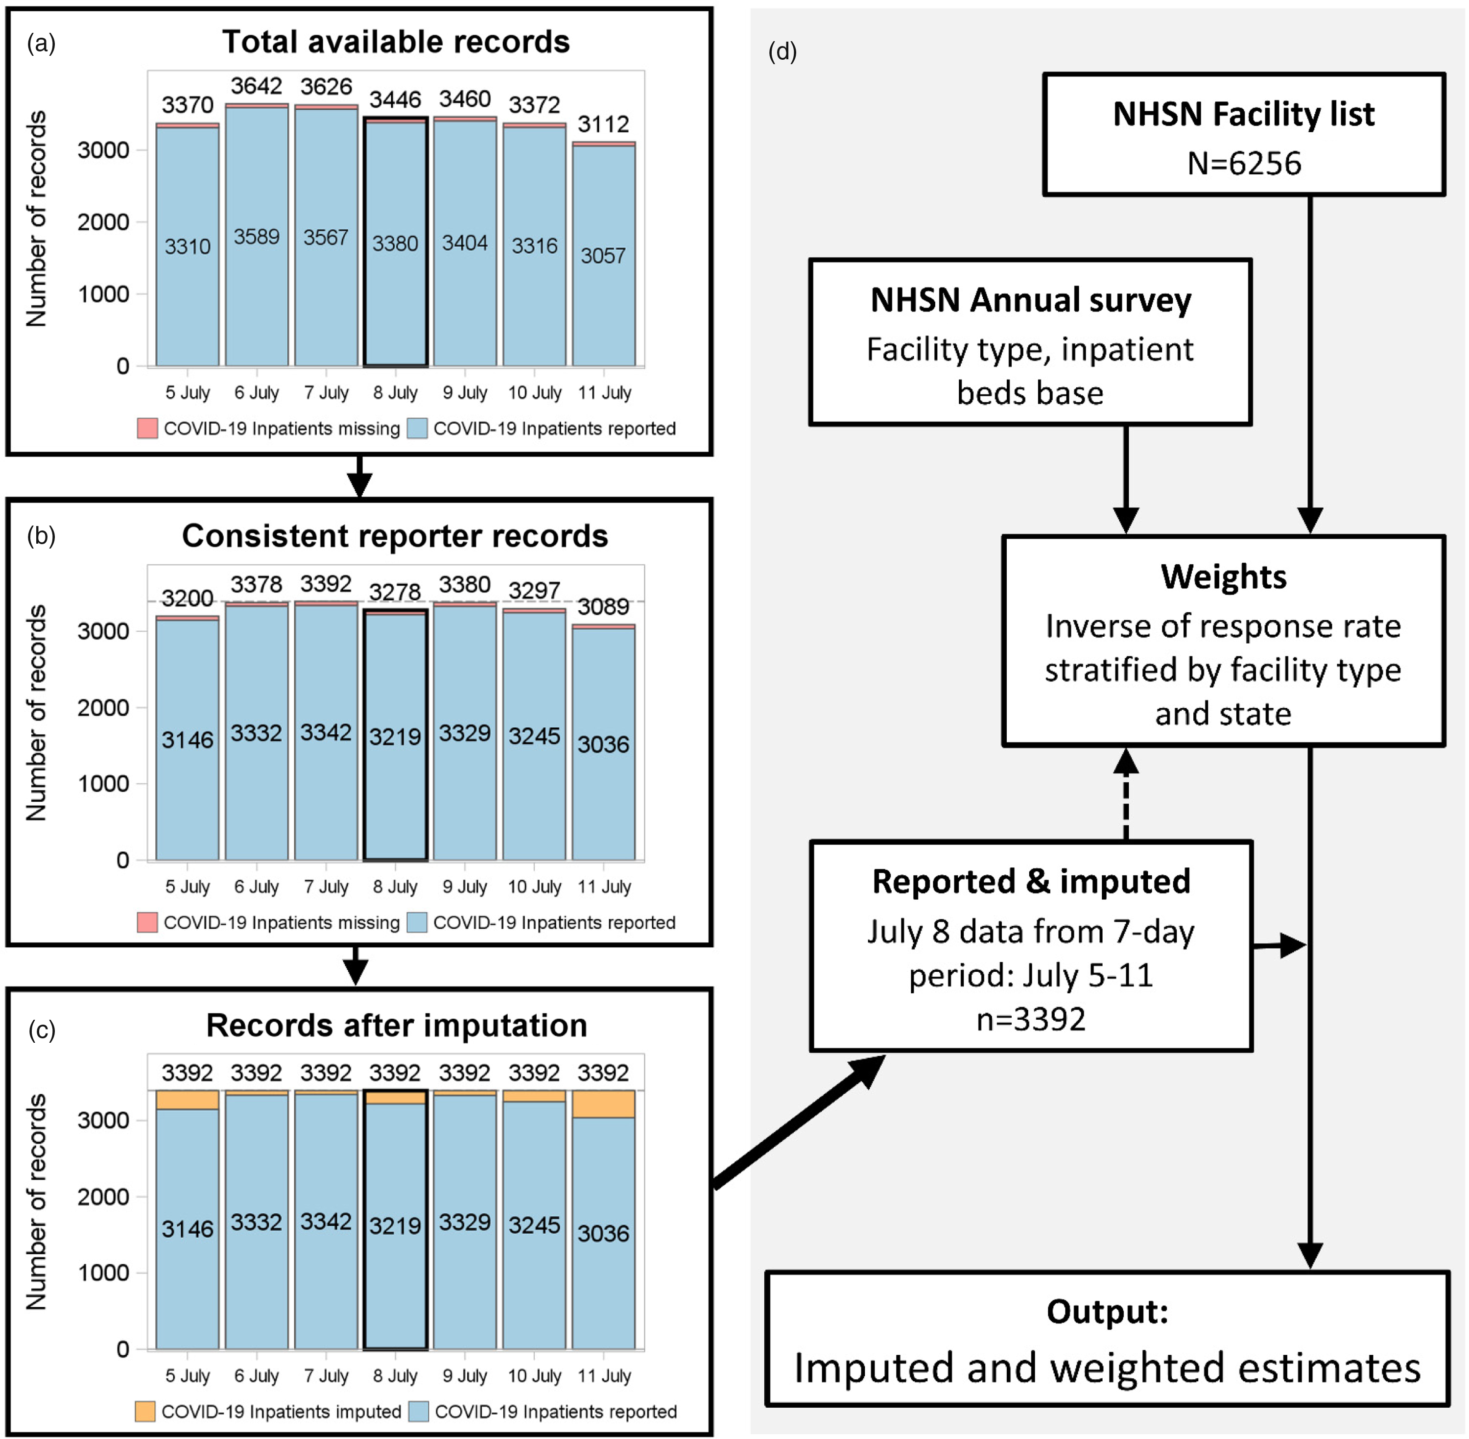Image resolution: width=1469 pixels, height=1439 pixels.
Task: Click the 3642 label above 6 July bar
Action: click(x=256, y=86)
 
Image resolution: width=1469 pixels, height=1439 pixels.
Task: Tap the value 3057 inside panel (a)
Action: click(x=603, y=256)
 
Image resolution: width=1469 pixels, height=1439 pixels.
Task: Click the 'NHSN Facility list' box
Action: click(x=1243, y=135)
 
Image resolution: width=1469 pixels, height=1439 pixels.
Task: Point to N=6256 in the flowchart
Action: click(x=1244, y=163)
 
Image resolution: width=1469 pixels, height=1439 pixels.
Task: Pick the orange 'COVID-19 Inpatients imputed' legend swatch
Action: click(x=145, y=1412)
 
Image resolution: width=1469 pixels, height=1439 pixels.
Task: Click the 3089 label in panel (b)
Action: click(x=603, y=607)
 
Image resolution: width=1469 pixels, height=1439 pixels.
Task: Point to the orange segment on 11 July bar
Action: click(x=603, y=1104)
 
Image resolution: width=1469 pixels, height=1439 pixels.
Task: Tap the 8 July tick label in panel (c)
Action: click(x=395, y=1375)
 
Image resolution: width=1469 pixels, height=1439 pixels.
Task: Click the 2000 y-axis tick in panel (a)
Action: click(x=103, y=222)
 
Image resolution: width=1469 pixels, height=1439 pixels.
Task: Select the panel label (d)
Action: click(x=782, y=51)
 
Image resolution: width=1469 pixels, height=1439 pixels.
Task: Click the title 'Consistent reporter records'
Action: click(x=395, y=536)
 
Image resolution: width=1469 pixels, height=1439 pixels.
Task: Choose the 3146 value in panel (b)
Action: click(x=188, y=740)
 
